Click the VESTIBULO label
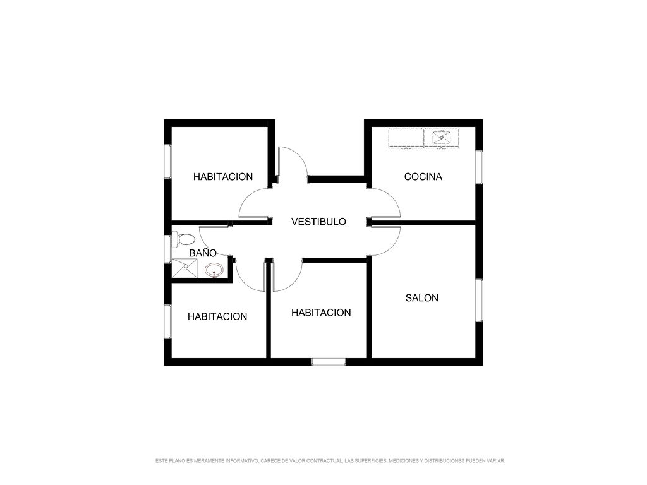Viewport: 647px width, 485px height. coord(318,222)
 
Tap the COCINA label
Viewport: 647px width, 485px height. coord(423,177)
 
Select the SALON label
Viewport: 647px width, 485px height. coord(421,298)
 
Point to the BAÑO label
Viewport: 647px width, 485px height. coord(203,253)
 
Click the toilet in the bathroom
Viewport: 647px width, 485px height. coord(183,239)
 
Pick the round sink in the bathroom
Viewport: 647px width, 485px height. coord(214,270)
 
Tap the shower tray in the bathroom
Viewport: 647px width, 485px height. coord(184,268)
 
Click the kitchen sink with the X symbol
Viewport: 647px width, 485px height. coord(441,137)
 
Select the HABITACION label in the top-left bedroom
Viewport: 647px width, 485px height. coord(223,177)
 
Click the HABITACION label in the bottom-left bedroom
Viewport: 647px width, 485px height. coord(217,316)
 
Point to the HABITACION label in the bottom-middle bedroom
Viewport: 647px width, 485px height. coord(321,313)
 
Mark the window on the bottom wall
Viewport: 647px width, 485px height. coord(329,362)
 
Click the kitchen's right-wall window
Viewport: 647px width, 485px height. coord(479,167)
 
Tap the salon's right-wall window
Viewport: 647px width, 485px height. coord(479,300)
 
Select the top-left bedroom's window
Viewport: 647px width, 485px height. coord(167,161)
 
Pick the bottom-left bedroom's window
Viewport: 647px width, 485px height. coord(167,321)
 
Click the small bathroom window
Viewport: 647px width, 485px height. coord(167,249)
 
